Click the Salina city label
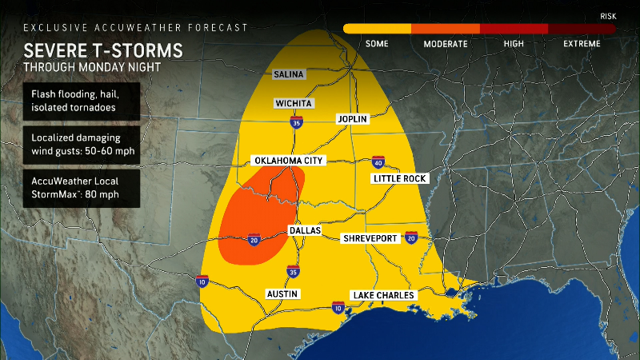click(x=289, y=74)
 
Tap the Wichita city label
click(x=294, y=103)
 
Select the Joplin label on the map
click(x=352, y=119)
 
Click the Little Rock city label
click(x=400, y=178)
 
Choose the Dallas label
click(x=304, y=230)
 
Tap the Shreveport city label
click(x=370, y=238)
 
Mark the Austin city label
click(x=283, y=294)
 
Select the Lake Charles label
click(x=384, y=295)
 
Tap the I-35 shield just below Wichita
click(x=295, y=122)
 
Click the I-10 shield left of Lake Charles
click(x=338, y=308)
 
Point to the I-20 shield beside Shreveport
click(x=411, y=238)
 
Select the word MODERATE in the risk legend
click(x=446, y=44)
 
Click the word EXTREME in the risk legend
click(x=582, y=44)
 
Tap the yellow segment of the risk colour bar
click(x=377, y=29)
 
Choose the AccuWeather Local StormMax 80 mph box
click(x=82, y=186)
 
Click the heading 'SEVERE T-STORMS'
click(x=102, y=50)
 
